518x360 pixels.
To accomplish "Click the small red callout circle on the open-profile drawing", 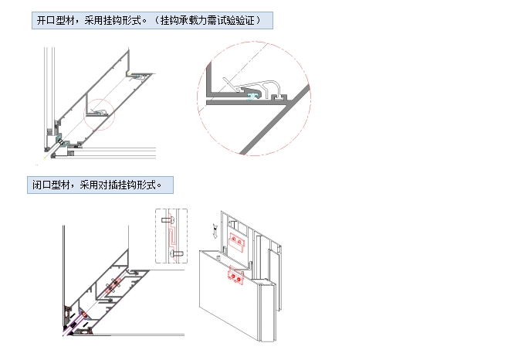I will [99, 114].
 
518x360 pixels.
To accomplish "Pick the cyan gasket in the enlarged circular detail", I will [252, 93].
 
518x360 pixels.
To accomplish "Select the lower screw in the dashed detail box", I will [176, 253].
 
